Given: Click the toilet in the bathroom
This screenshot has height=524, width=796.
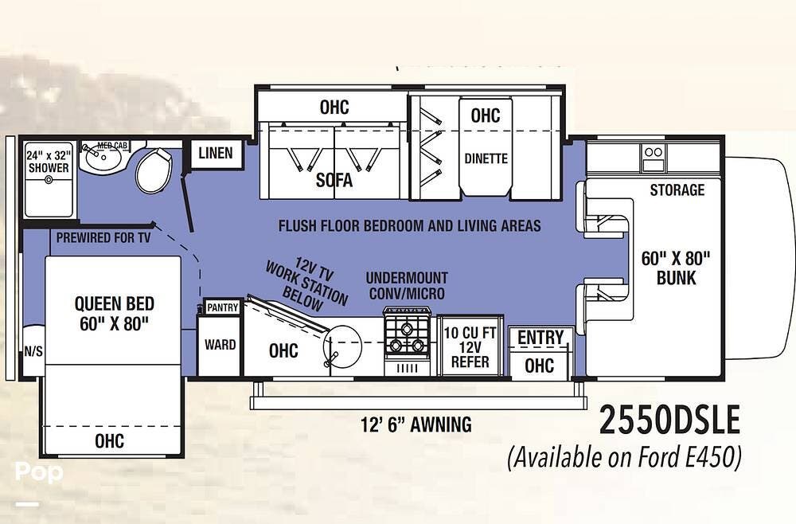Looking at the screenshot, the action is tap(154, 170).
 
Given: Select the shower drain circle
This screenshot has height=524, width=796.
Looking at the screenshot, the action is tap(49, 180).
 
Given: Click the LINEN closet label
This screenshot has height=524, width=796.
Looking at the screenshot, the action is tap(216, 153).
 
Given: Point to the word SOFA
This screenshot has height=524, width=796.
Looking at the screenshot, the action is tap(334, 180).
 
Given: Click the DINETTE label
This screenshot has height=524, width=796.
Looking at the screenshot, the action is tap(486, 159).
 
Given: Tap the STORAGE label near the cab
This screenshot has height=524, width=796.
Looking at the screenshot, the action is tap(677, 190).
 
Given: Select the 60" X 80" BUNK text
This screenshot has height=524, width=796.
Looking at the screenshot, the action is tap(676, 268).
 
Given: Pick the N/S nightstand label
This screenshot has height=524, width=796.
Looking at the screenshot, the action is tap(33, 351).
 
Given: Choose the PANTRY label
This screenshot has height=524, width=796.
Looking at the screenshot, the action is tap(223, 307).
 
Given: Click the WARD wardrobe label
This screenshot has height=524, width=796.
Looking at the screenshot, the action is tap(220, 345).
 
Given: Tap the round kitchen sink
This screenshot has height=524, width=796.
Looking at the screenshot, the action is tap(342, 346).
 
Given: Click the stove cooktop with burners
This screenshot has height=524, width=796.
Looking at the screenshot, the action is tap(407, 337).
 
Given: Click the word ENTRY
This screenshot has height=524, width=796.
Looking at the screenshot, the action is tap(540, 337).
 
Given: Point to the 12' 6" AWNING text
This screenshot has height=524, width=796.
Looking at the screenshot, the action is tap(416, 424).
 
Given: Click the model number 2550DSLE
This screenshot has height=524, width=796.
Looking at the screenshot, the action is tap(669, 420).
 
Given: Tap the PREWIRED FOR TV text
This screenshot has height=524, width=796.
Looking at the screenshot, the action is tap(103, 237).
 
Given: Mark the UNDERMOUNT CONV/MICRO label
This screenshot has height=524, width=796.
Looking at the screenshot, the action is tap(407, 285).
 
